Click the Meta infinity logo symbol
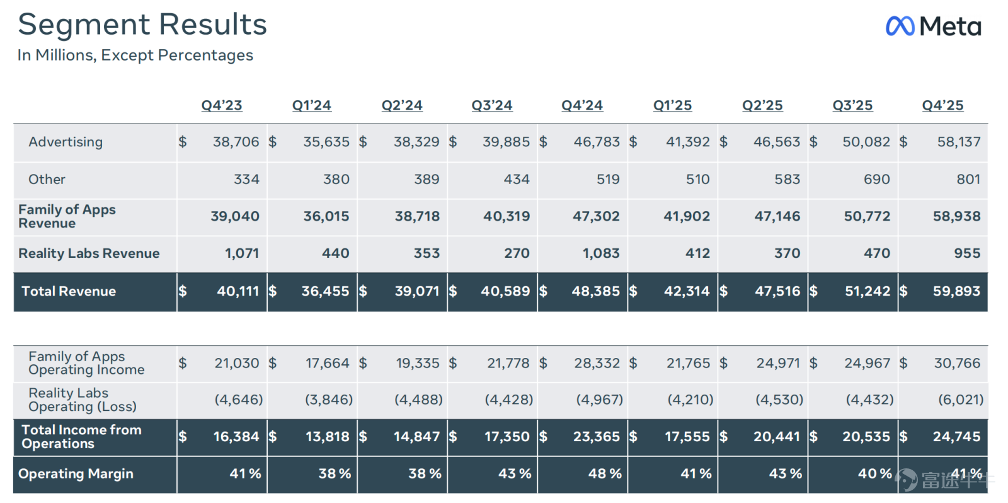[900, 26]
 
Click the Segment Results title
[142, 25]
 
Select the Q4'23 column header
[221, 105]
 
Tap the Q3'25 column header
[852, 105]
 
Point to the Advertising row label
[66, 142]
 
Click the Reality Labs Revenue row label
[89, 253]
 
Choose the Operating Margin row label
[76, 474]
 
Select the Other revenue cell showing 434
[517, 179]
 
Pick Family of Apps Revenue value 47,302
[596, 216]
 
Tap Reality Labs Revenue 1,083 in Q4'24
[601, 253]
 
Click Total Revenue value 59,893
[956, 291]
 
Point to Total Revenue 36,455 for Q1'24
[325, 291]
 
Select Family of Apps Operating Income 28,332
[597, 363]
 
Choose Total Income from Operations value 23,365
[596, 436]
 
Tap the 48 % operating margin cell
[605, 474]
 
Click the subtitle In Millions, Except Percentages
[135, 55]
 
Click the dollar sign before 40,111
[182, 291]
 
